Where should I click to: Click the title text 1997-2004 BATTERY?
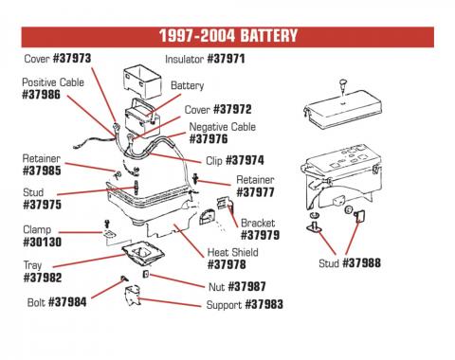pyautogui.click(x=227, y=36)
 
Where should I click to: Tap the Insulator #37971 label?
pyautogui.click(x=206, y=59)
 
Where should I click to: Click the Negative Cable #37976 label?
pyautogui.click(x=223, y=134)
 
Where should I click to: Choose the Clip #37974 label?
pyautogui.click(x=230, y=161)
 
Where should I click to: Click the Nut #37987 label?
pyautogui.click(x=236, y=287)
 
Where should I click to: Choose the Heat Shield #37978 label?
pyautogui.click(x=232, y=260)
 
